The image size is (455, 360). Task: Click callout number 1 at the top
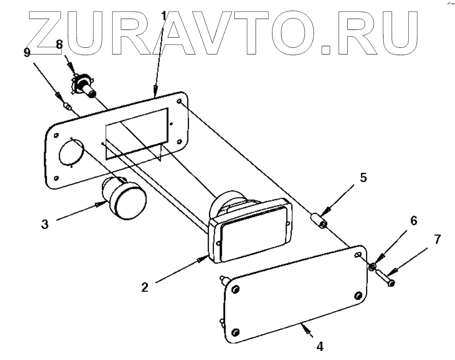164,16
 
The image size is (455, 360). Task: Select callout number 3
45,223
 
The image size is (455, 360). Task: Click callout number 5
363,178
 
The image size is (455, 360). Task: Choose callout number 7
437,240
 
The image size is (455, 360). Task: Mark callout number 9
27,53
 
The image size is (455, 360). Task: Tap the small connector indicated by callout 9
67,106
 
